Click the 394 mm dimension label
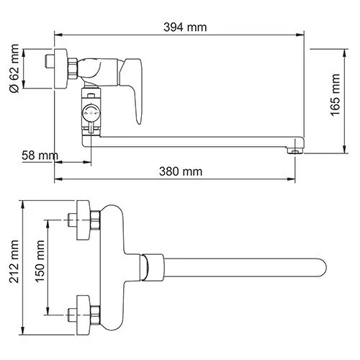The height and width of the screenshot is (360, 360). (x=186, y=27)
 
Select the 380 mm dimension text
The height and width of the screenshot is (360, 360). (x=181, y=171)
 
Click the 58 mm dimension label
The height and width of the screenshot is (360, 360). (x=37, y=155)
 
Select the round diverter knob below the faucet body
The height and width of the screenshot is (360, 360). (x=91, y=112)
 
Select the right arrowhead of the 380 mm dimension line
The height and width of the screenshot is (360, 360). (x=296, y=161)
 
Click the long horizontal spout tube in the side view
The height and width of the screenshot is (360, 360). (x=194, y=144)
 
